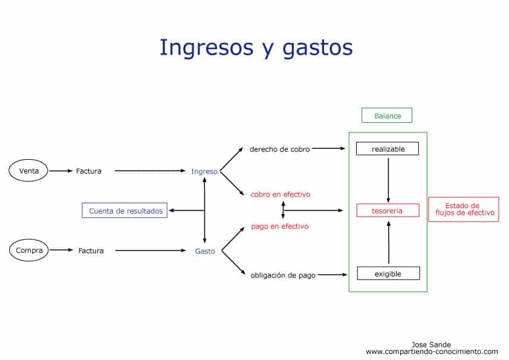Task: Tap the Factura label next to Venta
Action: pos(89,171)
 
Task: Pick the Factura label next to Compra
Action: pos(91,250)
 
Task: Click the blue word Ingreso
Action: pos(204,172)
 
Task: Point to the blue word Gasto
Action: pos(205,251)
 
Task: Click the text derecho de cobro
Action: pos(279,149)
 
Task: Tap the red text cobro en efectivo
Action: pos(280,194)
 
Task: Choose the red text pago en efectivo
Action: pos(279,226)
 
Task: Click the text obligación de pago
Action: pos(283,275)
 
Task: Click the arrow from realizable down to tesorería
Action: pos(388,180)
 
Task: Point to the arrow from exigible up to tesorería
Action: pos(389,243)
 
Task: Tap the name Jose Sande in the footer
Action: pos(431,344)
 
